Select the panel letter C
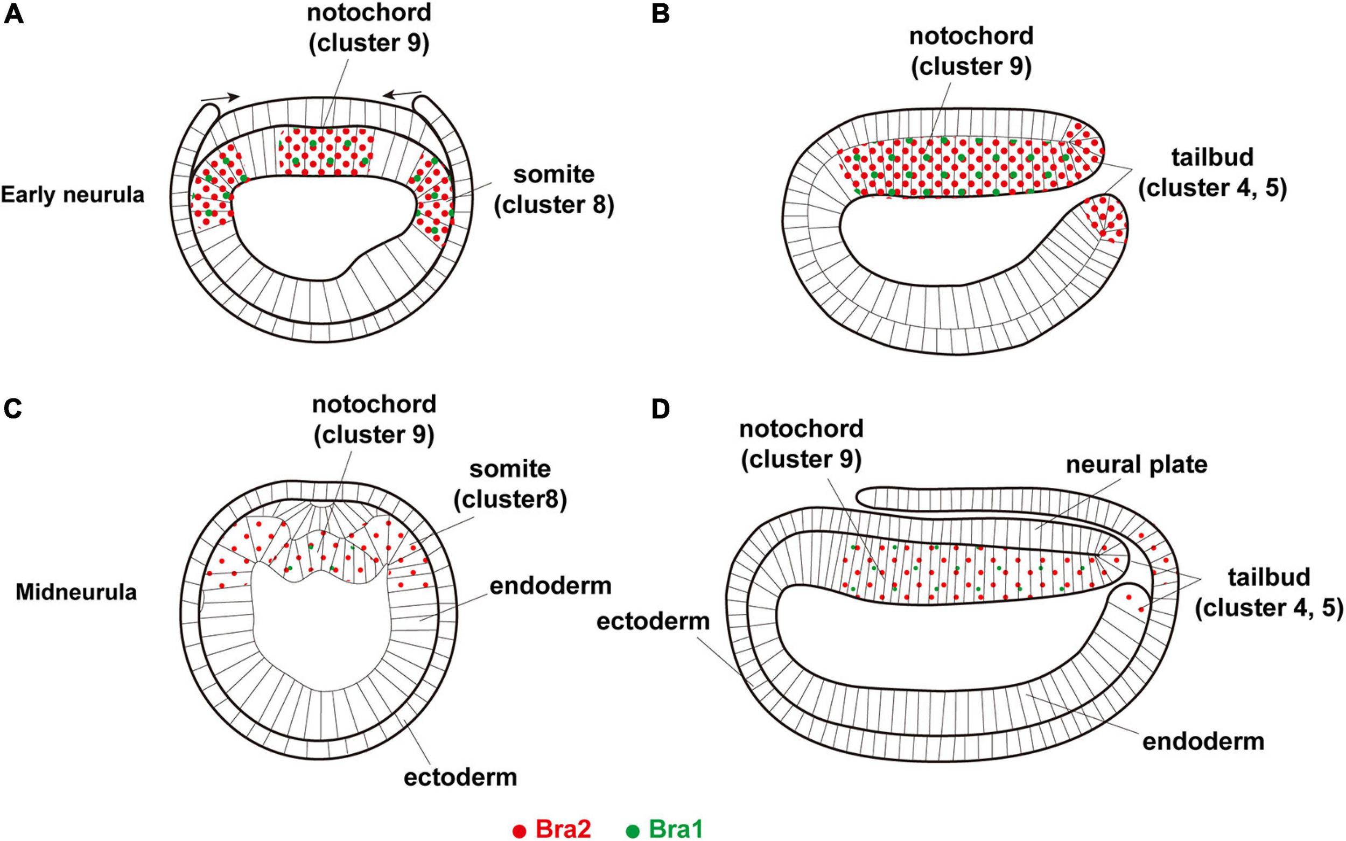[x=12, y=409]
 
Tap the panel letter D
[x=660, y=409]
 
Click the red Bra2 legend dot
[x=519, y=830]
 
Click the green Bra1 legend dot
[x=633, y=830]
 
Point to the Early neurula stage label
[x=72, y=195]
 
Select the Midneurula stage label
[x=76, y=592]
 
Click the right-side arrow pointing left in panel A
[x=402, y=94]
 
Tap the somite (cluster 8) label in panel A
[x=554, y=190]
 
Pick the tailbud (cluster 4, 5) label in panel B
[x=1212, y=173]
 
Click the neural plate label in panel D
[x=1137, y=465]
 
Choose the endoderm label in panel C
[x=550, y=586]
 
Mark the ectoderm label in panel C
[x=460, y=777]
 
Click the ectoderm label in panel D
[x=653, y=621]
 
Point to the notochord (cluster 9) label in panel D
[x=801, y=444]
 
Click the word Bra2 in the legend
[x=563, y=829]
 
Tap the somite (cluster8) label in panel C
[x=510, y=484]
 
